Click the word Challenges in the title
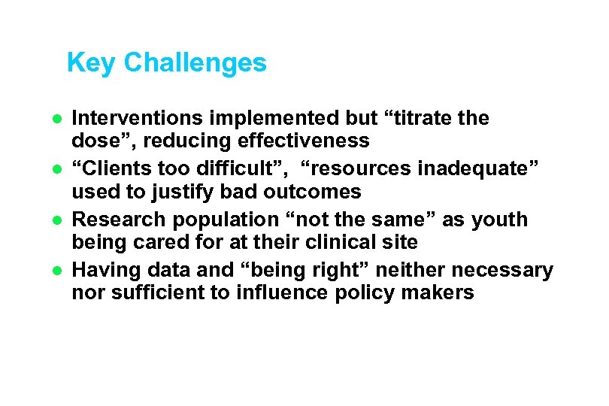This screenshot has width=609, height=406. (195, 63)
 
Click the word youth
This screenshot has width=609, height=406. (501, 220)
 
